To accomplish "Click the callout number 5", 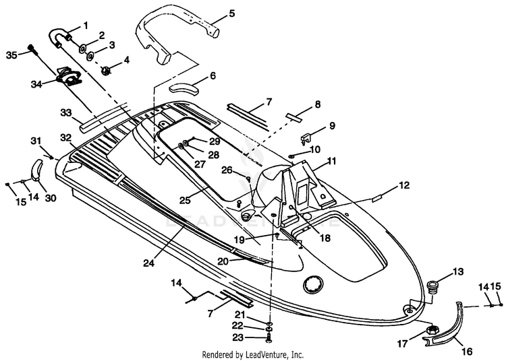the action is tap(231, 13).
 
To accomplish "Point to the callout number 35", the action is tap(11, 55).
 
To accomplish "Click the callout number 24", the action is tap(149, 263).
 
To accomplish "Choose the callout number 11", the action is tap(331, 161).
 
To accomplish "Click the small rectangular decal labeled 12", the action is tap(377, 199).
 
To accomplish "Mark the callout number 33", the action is tap(66, 112).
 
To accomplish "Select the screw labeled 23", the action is tap(269, 338).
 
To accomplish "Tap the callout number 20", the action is tap(223, 261).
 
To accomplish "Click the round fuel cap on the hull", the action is tap(312, 285).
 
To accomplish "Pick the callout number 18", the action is tap(325, 238).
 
